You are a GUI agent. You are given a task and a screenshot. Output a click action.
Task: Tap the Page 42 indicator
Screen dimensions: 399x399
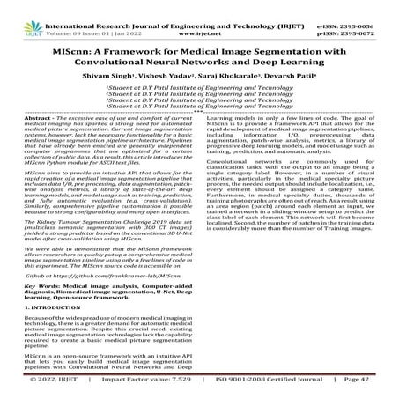tap(366, 381)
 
